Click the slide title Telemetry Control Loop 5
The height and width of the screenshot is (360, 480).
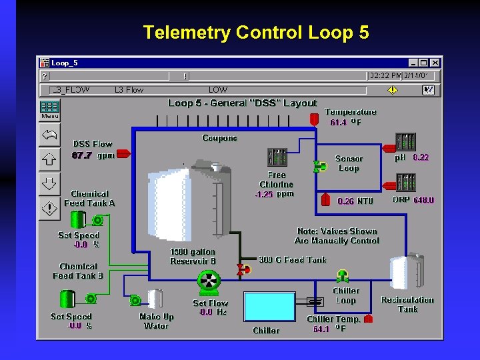coord(256,32)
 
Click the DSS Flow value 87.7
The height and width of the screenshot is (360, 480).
coord(81,155)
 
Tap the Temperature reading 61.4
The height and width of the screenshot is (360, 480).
coord(338,123)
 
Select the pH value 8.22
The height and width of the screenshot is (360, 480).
coord(421,158)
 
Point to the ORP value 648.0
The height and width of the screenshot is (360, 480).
coord(423,200)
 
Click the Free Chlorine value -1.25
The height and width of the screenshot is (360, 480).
coord(265,195)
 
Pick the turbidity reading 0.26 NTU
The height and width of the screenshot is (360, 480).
coord(346,201)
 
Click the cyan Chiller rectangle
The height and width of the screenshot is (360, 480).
coord(269,307)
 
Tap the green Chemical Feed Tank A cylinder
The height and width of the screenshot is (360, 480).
coord(78,219)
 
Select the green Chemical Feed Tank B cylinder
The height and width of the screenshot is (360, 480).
coord(67,299)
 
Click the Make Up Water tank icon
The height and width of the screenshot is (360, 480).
coord(155,299)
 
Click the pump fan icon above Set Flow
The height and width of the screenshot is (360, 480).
coord(209,283)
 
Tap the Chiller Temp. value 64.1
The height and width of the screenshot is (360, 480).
coord(321,329)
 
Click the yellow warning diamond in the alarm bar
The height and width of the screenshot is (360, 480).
coord(393,89)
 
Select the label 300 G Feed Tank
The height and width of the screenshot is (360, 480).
coord(292,259)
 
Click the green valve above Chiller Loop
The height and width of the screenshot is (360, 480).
coord(343,275)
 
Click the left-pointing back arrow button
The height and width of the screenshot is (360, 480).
coord(50,134)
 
